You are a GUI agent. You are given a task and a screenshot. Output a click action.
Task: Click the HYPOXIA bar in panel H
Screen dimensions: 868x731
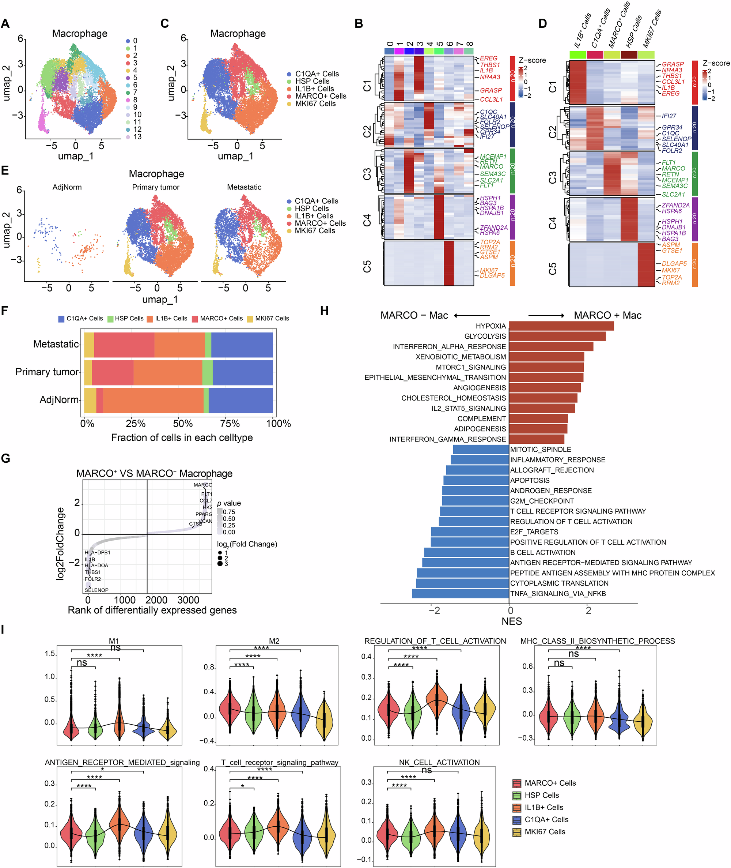pyautogui.click(x=561, y=326)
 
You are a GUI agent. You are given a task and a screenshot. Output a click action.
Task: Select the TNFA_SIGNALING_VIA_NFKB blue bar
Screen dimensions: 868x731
pyautogui.click(x=460, y=593)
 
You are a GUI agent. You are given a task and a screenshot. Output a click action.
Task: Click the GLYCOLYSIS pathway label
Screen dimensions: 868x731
pyautogui.click(x=485, y=336)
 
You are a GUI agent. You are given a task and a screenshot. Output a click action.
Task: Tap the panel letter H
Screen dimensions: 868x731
pyautogui.click(x=324, y=311)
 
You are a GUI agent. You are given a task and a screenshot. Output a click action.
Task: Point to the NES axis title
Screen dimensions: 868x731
pyautogui.click(x=511, y=621)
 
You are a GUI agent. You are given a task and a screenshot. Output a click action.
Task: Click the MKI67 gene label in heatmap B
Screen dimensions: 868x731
pyautogui.click(x=489, y=270)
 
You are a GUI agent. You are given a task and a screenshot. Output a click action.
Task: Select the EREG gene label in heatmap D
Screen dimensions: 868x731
pyautogui.click(x=670, y=93)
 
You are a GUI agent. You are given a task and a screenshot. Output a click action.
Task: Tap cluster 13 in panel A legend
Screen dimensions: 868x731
pyautogui.click(x=137, y=136)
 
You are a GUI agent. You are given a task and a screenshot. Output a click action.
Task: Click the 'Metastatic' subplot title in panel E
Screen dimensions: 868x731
pyautogui.click(x=244, y=187)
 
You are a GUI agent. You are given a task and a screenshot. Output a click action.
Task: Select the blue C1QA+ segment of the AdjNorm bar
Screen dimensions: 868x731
pyautogui.click(x=240, y=400)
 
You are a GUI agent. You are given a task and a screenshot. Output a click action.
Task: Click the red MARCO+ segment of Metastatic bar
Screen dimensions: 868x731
pyautogui.click(x=124, y=345)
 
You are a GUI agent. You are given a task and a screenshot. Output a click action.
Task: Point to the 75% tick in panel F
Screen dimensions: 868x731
pyautogui.click(x=230, y=424)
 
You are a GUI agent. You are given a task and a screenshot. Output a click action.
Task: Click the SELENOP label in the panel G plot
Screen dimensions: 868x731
pyautogui.click(x=96, y=590)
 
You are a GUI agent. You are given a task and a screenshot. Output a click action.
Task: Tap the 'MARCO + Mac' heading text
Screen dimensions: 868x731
pyautogui.click(x=607, y=315)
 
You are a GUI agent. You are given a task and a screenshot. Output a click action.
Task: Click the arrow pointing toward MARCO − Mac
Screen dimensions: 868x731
pyautogui.click(x=471, y=316)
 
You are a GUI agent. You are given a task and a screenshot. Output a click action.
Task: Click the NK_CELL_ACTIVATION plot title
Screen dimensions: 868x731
pyautogui.click(x=439, y=762)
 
